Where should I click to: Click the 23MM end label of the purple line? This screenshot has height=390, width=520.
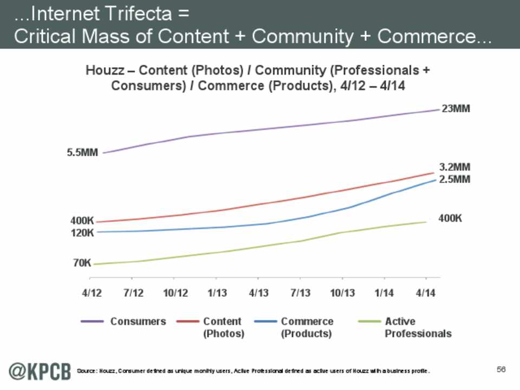point(456,108)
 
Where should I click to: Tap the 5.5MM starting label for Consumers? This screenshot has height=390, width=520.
point(82,153)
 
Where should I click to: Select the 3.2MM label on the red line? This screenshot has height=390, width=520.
point(454,167)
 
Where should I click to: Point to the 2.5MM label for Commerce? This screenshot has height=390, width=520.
point(454,179)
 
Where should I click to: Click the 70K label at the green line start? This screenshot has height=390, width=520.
point(82,263)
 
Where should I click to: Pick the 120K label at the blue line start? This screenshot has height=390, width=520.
point(82,233)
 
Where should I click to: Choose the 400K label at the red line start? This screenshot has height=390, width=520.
point(82,221)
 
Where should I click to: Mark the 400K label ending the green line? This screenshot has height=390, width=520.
point(450,218)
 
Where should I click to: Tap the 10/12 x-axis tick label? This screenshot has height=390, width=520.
point(175,293)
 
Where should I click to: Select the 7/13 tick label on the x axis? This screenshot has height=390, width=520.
point(301,293)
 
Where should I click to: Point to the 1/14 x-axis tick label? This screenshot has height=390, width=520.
point(384,293)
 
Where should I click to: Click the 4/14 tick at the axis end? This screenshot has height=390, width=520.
point(426,293)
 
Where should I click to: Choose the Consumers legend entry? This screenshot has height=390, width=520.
point(138,321)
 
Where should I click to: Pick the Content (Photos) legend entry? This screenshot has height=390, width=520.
point(223,327)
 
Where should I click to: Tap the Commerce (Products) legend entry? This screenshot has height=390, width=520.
point(306,327)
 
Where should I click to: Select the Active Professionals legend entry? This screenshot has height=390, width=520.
point(418,327)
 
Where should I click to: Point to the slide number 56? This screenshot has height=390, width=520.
point(500,369)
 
